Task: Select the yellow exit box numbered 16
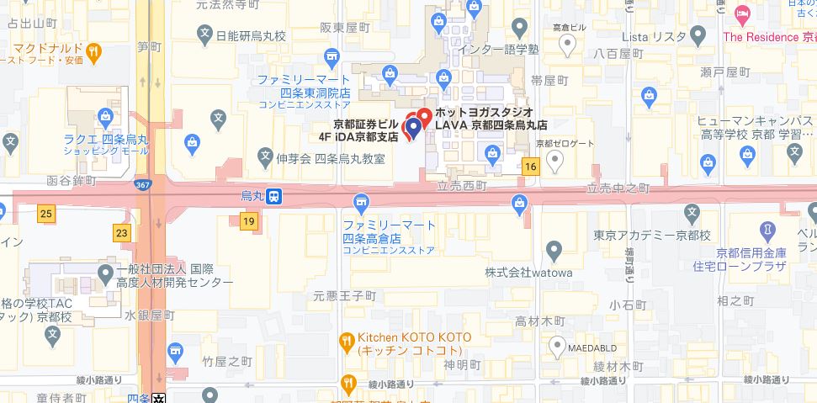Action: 529,167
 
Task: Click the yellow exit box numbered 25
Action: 45,214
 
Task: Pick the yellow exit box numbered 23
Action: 123,231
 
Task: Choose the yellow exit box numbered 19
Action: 247,222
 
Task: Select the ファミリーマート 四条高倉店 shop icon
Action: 361,203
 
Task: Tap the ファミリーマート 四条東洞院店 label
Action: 305,85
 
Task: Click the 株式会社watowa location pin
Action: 554,249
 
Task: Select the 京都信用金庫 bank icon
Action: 767,229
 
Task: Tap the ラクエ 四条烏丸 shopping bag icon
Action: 104,115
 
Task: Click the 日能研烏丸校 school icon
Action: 204,35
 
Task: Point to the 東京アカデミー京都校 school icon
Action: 692,212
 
